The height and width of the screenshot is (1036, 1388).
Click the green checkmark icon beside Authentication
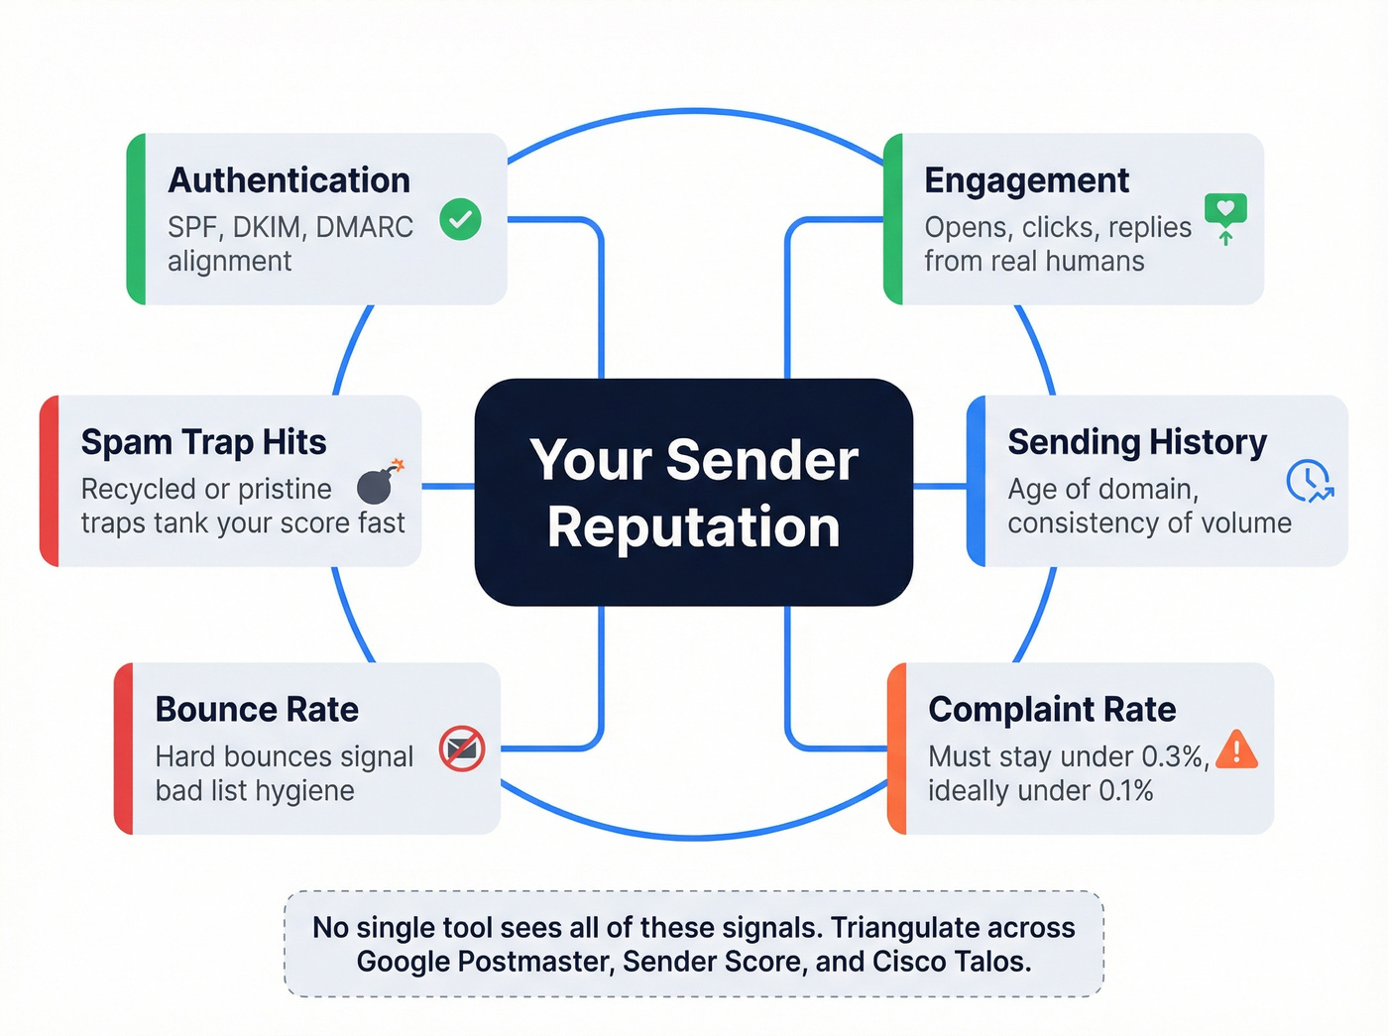pos(460,219)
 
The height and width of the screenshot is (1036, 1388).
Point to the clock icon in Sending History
pos(1308,480)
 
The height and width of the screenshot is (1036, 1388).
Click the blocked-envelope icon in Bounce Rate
pos(462,748)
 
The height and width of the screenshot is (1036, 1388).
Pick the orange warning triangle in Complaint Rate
pos(1236,749)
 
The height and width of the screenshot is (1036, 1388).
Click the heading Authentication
pos(289,180)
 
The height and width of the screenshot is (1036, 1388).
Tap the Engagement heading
pos(1026,180)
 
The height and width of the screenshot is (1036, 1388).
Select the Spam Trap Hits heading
pos(203,442)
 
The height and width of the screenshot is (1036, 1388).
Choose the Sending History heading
pos(1137,442)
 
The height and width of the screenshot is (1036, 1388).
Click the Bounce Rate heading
pos(257,710)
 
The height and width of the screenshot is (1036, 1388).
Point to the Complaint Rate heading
pos(1052,710)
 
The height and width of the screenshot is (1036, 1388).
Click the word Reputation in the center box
pos(694,526)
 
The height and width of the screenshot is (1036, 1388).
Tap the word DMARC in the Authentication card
pos(363,227)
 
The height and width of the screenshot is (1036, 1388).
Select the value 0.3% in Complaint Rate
pos(1174,756)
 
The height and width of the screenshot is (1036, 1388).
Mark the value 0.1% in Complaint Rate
pos(1125,791)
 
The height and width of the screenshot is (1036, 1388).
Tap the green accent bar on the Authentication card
pos(137,219)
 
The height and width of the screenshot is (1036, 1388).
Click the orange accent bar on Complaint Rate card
pos(897,748)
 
